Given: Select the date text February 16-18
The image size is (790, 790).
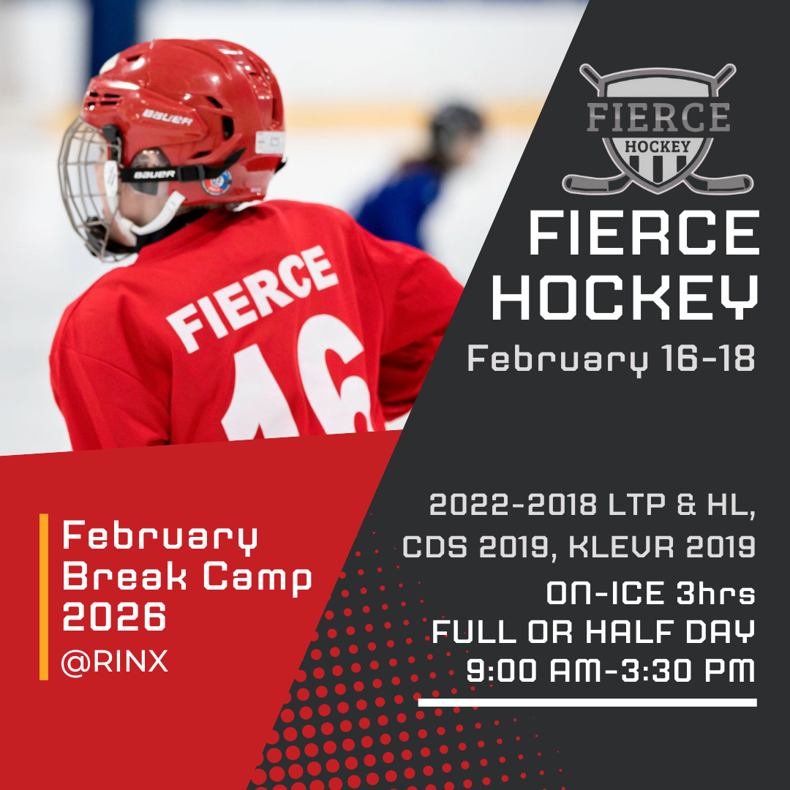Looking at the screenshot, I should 611,360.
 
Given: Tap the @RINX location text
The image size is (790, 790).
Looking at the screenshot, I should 115,662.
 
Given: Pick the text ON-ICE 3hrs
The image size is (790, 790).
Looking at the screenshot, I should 650,594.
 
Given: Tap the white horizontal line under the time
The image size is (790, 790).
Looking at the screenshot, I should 587,702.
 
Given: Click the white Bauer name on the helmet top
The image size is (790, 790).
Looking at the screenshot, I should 168,117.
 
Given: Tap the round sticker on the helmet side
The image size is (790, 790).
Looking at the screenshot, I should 217,181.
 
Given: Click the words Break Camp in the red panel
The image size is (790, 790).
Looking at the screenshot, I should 187,579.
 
